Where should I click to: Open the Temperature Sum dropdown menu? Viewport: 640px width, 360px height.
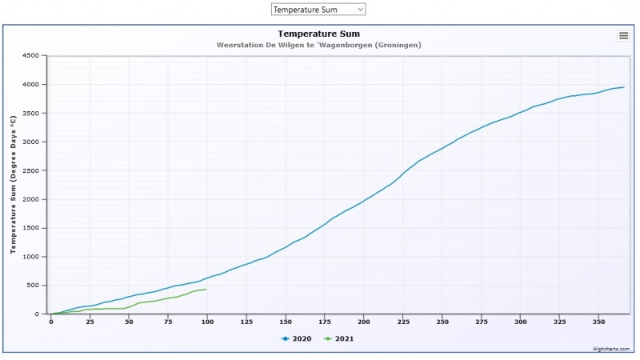point(318,10)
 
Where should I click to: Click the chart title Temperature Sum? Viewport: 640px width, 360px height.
point(319,34)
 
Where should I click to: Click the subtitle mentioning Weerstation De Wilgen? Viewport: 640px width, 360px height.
point(319,45)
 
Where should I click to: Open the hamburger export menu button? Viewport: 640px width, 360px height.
point(623,35)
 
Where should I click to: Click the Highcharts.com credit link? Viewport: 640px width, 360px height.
point(611,349)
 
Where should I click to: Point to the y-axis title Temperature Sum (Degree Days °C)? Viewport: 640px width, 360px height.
point(13,184)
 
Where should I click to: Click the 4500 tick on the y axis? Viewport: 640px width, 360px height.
point(30,56)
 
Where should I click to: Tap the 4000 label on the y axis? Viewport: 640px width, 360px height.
point(30,85)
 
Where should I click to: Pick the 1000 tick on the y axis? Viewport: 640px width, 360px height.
point(30,257)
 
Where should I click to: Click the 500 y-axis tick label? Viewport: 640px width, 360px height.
point(34,286)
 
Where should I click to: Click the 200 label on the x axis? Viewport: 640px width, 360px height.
point(364,322)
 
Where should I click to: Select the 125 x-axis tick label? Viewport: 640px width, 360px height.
point(246,322)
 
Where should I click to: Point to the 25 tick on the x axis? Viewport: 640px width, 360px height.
point(90,322)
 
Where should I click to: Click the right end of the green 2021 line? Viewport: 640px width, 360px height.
point(206,289)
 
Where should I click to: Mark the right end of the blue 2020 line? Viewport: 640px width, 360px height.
point(623,87)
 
